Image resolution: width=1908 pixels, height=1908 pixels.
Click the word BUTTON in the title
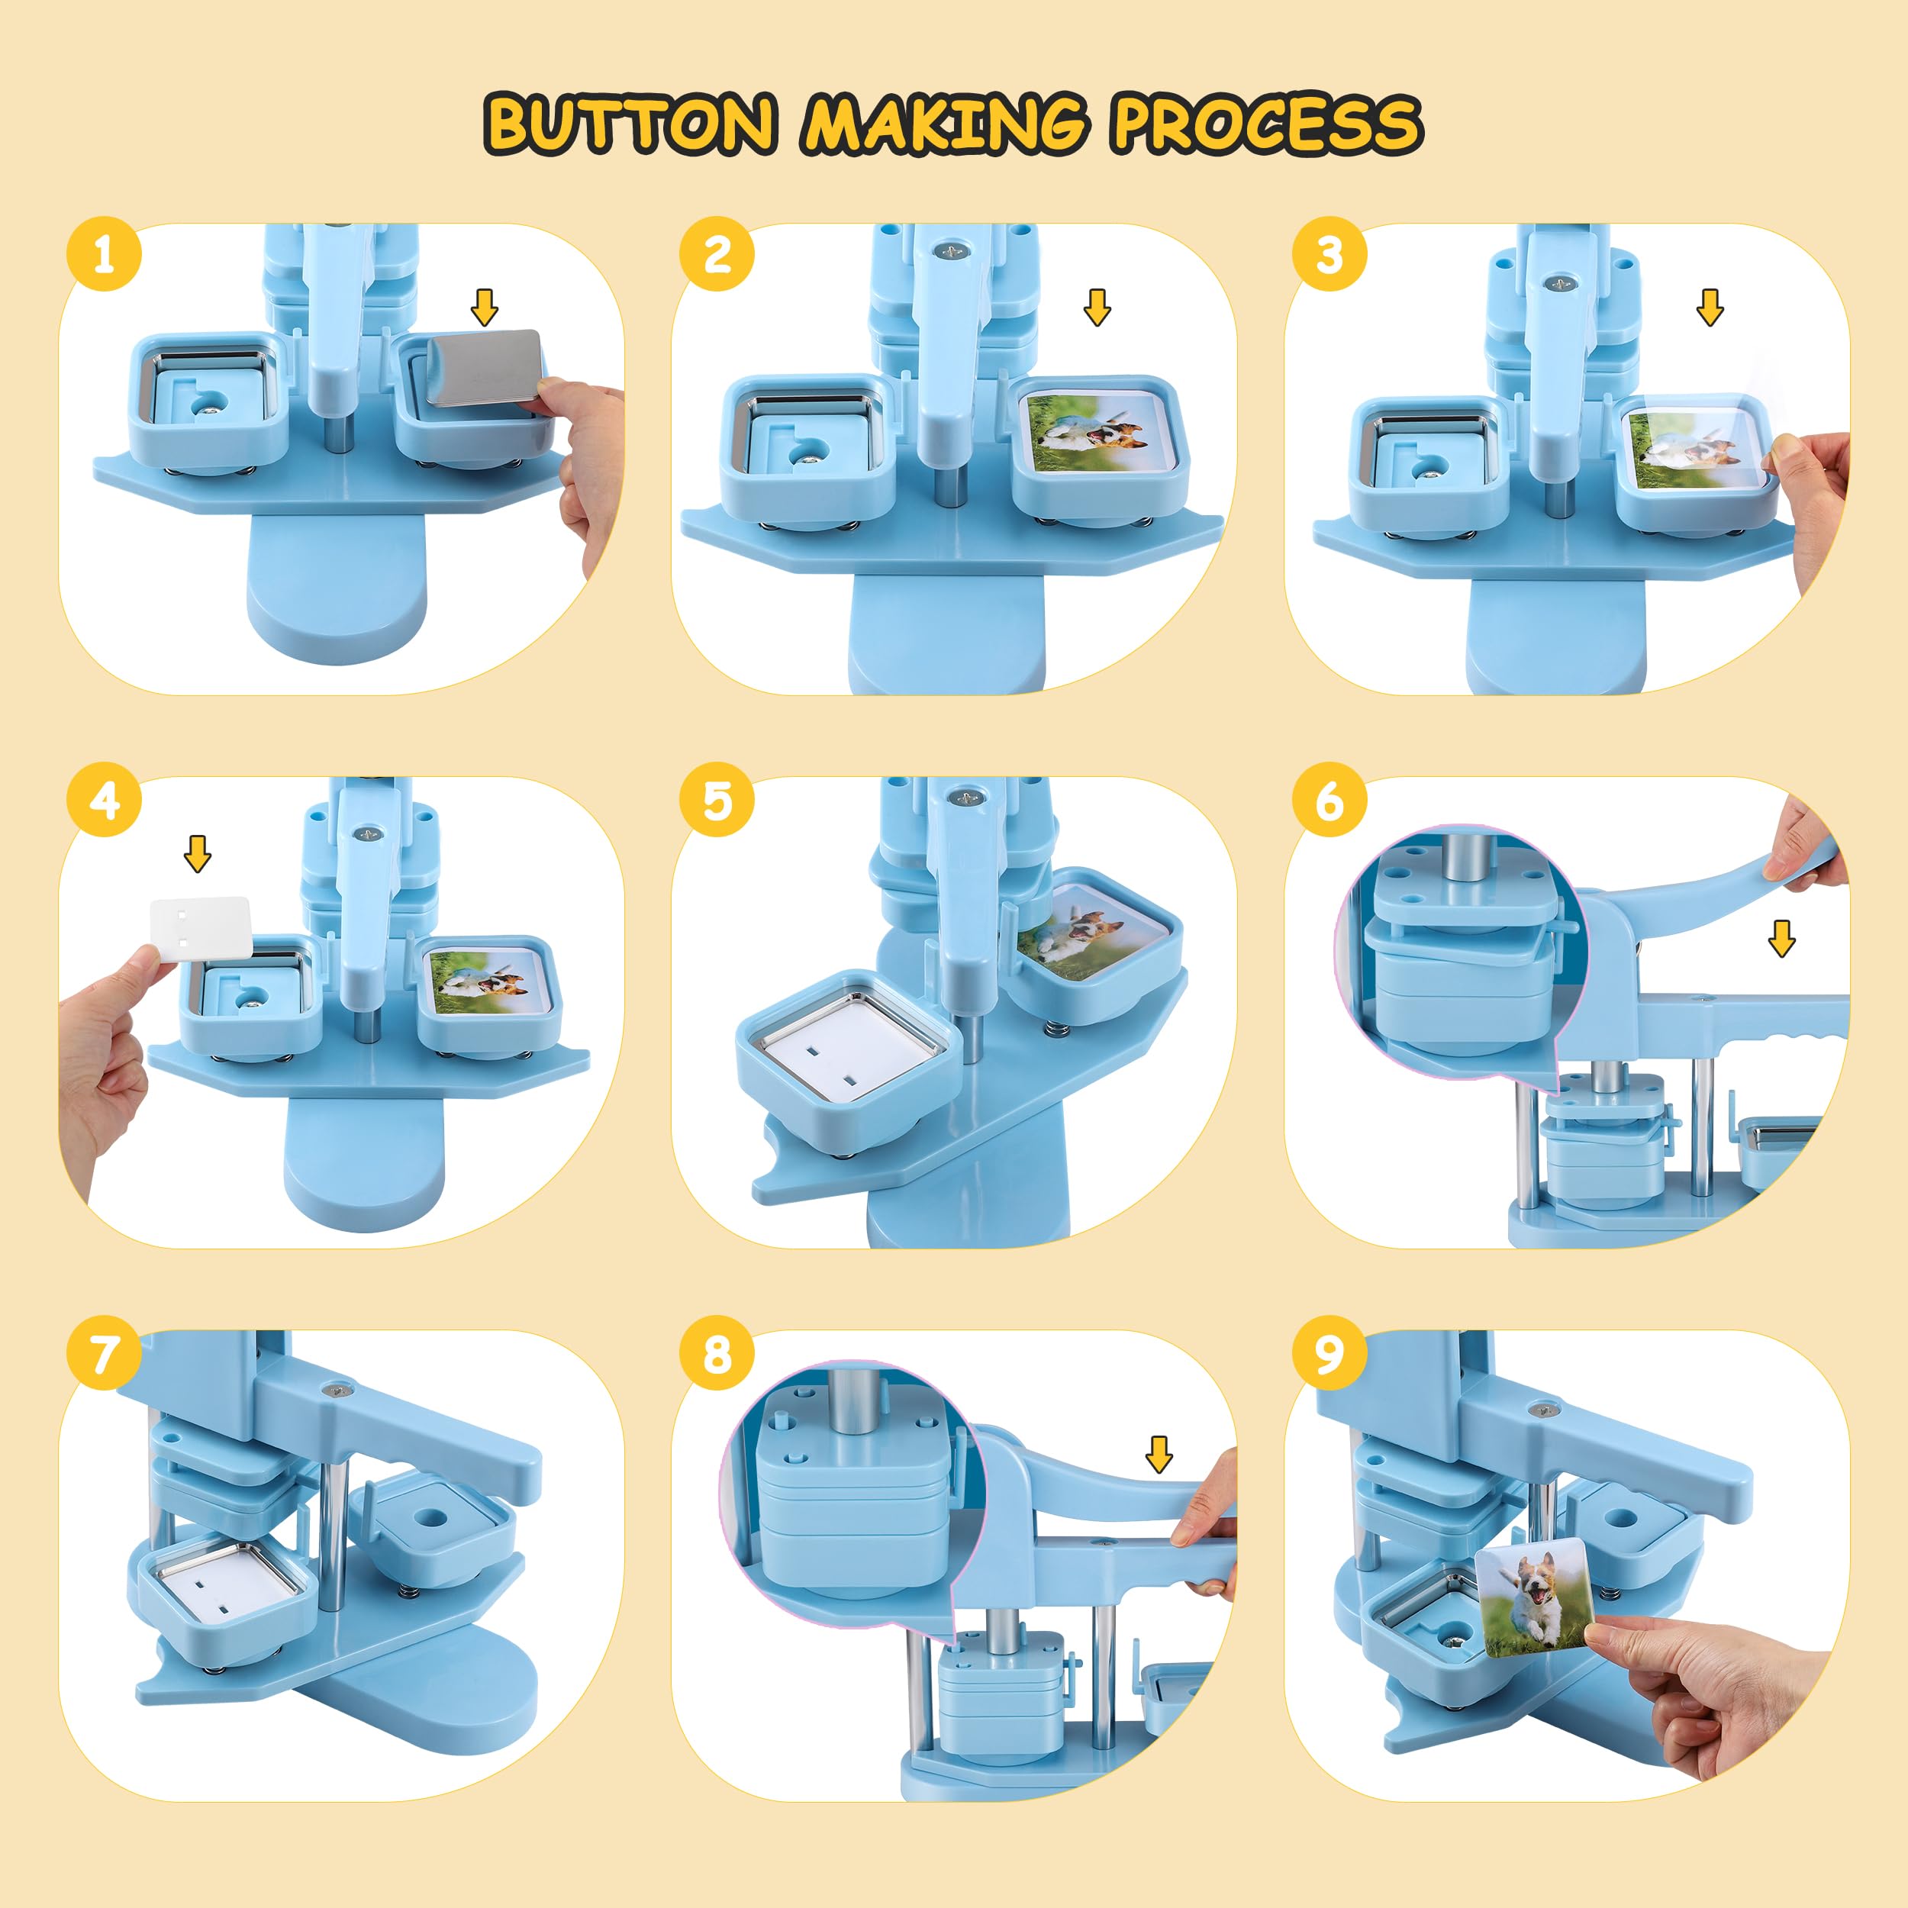(630, 124)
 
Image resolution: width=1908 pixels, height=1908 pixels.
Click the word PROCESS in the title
(1267, 124)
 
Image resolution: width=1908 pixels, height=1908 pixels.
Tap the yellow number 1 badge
(104, 254)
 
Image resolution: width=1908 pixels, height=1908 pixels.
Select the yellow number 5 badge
(717, 800)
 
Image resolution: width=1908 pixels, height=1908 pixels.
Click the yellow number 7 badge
(104, 1353)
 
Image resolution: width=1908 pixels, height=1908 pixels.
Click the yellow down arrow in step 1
(484, 307)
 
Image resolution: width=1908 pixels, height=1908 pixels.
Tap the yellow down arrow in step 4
(198, 853)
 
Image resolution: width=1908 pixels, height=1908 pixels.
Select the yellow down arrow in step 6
(1781, 938)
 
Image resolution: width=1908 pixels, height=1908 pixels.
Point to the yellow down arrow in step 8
(1159, 1454)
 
